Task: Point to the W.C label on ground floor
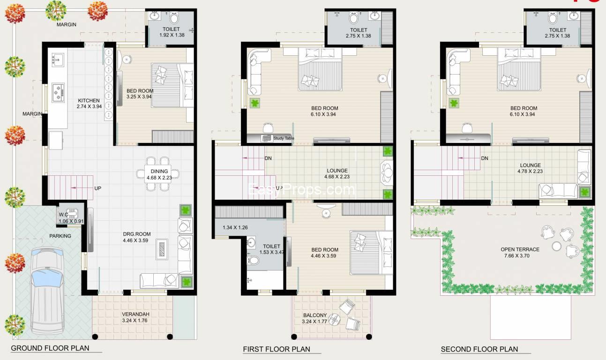pyautogui.click(x=63, y=215)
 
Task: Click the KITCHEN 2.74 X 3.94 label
pyautogui.click(x=89, y=104)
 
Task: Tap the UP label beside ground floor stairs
pyautogui.click(x=98, y=188)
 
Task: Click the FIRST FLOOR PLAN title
pyautogui.click(x=276, y=349)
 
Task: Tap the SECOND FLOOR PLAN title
pyautogui.click(x=479, y=349)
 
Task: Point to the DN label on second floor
pyautogui.click(x=484, y=158)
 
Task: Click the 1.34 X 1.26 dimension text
pyautogui.click(x=235, y=228)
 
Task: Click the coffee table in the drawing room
pyautogui.click(x=163, y=249)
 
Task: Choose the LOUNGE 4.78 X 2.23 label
pyautogui.click(x=530, y=168)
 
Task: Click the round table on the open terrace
pyautogui.click(x=556, y=246)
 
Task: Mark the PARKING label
pyautogui.click(x=60, y=236)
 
